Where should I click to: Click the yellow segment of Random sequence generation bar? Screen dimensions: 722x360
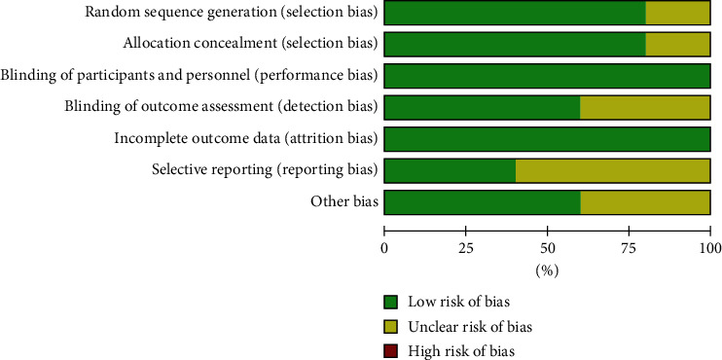click(x=677, y=13)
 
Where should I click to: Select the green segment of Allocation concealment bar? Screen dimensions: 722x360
click(x=515, y=44)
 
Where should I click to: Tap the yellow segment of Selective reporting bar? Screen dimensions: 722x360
click(x=612, y=171)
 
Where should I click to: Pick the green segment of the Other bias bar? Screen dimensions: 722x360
click(x=482, y=202)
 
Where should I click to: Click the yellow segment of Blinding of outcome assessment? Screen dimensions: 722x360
click(x=644, y=108)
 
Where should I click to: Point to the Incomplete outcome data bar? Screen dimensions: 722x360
click(x=547, y=139)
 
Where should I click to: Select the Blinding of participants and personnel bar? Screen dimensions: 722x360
click(x=547, y=76)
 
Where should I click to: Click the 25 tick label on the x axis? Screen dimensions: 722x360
click(x=465, y=249)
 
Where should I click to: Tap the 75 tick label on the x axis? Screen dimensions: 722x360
click(x=629, y=249)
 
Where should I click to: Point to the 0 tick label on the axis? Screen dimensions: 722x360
click(x=384, y=249)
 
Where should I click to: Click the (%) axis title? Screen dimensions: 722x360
click(x=547, y=271)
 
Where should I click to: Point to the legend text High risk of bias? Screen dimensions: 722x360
click(x=461, y=352)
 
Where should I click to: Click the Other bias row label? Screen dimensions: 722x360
click(x=343, y=201)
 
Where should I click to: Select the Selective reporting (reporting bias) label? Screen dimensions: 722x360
click(x=266, y=170)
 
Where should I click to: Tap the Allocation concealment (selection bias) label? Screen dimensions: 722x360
click(x=250, y=43)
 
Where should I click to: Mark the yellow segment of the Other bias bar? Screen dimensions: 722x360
click(x=645, y=202)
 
